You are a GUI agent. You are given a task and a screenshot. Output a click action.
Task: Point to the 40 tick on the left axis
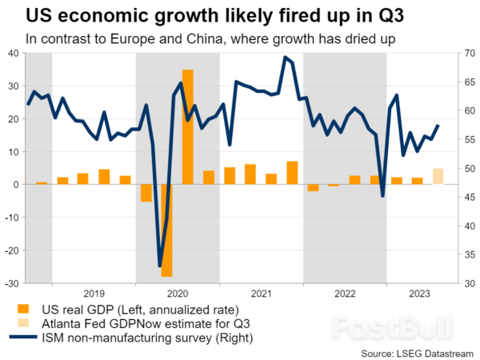click(x=14, y=54)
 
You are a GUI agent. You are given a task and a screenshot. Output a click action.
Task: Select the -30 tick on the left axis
click(x=12, y=284)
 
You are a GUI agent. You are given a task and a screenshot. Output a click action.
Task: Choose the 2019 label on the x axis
click(x=94, y=293)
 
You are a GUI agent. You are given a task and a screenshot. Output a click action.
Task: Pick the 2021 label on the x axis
click(x=261, y=293)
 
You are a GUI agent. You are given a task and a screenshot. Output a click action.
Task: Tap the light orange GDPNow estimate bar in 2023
click(x=438, y=177)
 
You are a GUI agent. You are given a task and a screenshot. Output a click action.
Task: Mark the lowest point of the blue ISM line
click(x=159, y=266)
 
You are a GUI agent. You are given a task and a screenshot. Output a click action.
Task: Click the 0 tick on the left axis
click(x=17, y=185)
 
